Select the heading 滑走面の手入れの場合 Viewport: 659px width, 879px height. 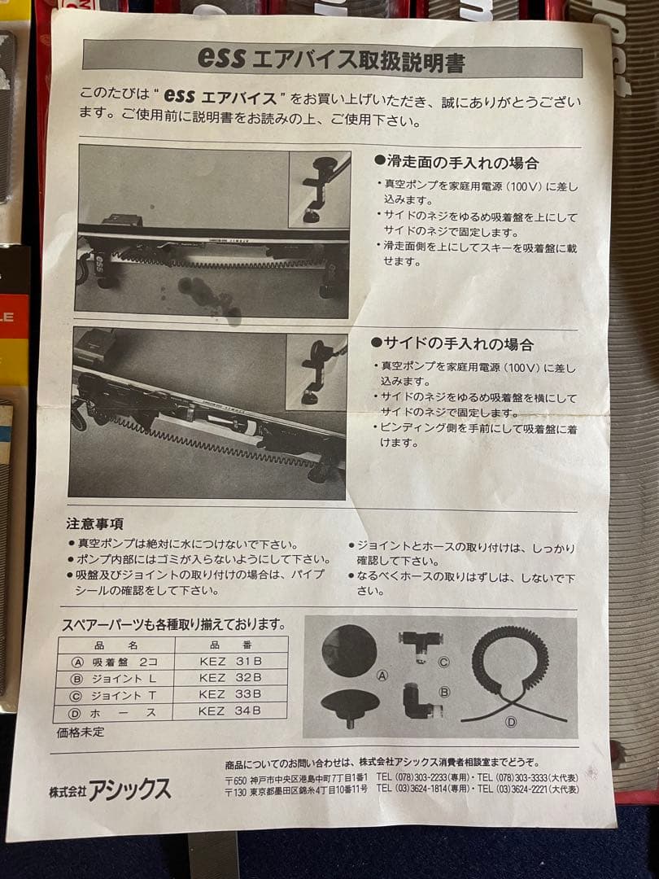[460, 163]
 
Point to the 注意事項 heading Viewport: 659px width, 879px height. [95, 523]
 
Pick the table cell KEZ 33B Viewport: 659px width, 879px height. [230, 694]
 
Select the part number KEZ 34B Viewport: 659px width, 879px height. [230, 712]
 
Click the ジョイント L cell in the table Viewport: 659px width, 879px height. [121, 677]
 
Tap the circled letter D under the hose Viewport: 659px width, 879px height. [511, 721]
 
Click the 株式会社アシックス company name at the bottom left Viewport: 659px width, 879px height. [110, 789]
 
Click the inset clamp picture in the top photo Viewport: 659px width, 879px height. [320, 189]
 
